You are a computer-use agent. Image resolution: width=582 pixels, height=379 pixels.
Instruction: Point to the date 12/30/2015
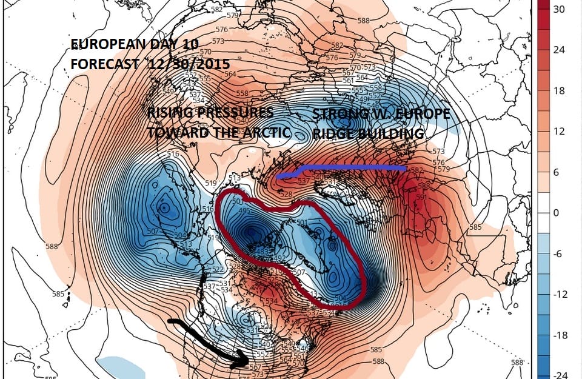pyautogui.click(x=182, y=63)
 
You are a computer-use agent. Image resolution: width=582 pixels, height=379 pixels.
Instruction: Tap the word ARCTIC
pyautogui.click(x=264, y=133)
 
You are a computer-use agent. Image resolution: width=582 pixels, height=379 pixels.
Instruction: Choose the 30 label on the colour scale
pyautogui.click(x=559, y=10)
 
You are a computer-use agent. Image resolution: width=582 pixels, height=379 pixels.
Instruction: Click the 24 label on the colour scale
pyautogui.click(x=559, y=50)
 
